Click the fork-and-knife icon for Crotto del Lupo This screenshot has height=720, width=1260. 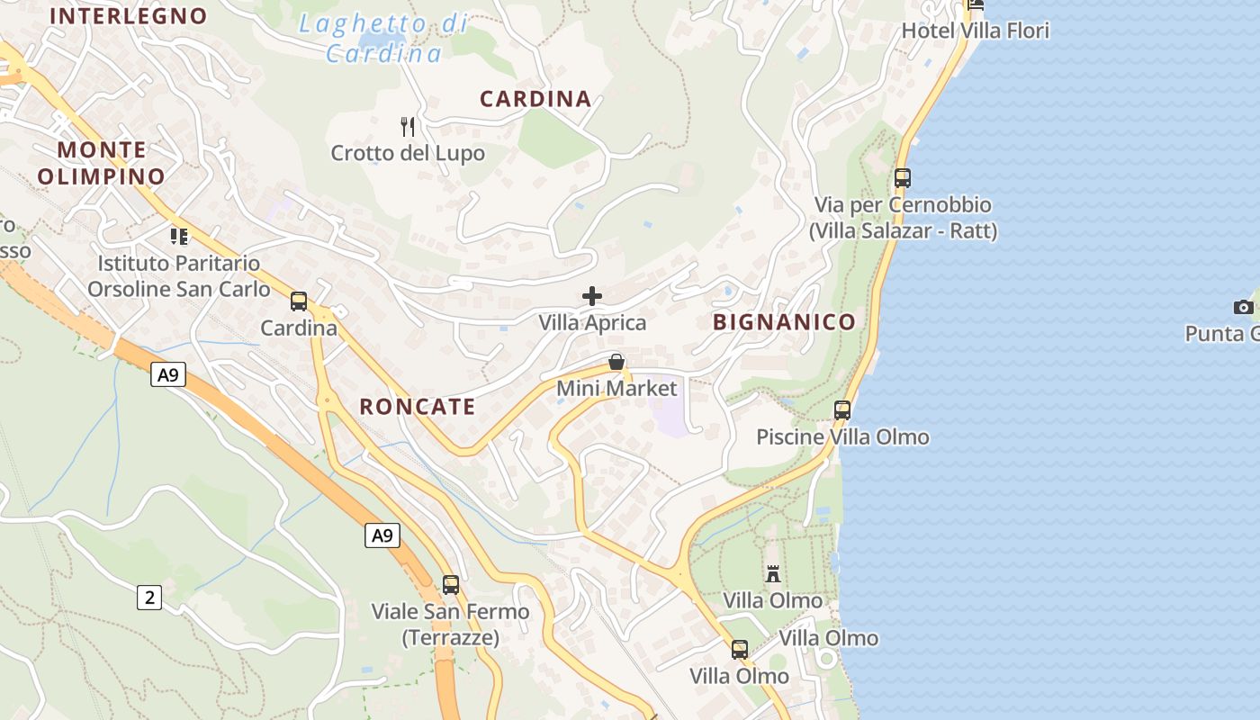408,126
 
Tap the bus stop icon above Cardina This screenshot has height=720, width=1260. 299,301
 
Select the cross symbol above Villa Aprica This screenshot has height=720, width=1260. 592,295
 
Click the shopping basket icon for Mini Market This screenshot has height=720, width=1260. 616,362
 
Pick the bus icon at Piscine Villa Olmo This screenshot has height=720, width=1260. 842,410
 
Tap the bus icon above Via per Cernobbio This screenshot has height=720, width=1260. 903,178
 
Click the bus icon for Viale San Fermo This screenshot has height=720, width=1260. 451,585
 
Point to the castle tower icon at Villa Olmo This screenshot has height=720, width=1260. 773,573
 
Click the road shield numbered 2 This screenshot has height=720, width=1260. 149,597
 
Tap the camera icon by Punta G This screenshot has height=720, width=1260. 1244,307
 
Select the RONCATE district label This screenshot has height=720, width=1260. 418,407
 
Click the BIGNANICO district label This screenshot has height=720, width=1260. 784,322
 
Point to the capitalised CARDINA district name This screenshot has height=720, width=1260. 535,99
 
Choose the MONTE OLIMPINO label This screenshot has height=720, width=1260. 102,163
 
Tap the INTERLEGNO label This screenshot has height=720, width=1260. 129,15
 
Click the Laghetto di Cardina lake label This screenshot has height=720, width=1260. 384,39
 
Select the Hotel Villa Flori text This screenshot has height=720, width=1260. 976,31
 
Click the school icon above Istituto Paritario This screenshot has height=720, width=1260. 179,237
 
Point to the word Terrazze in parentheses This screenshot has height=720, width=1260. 450,638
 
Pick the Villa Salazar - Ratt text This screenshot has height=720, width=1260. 904,231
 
